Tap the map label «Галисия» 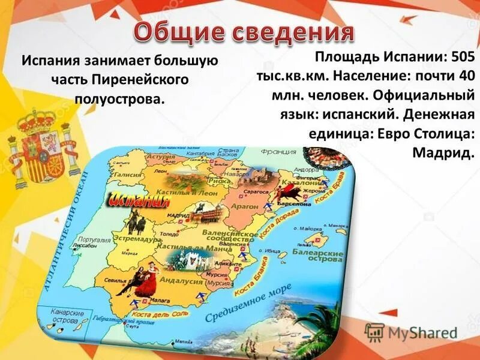[128, 175]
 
